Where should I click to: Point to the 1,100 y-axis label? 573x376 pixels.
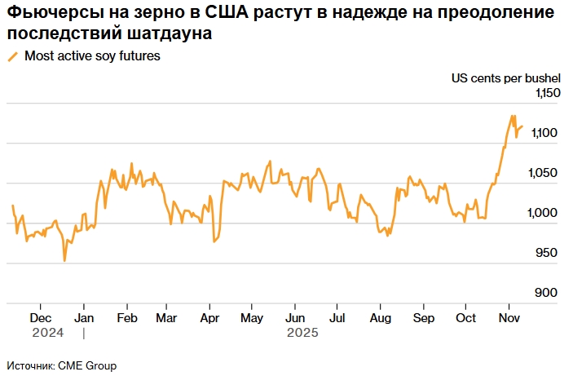tap(547, 134)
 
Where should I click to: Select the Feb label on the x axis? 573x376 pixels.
tap(126, 318)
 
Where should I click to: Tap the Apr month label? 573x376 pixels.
tap(209, 318)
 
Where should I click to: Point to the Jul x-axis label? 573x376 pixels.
tap(337, 318)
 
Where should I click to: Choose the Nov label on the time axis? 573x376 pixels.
tap(509, 318)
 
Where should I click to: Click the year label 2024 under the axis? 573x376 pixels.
tap(47, 333)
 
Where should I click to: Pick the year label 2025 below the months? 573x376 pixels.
tap(302, 333)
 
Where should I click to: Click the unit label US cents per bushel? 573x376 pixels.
tap(506, 78)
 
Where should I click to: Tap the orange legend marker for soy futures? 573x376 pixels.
tap(12, 57)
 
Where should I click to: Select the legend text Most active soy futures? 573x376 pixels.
tap(92, 57)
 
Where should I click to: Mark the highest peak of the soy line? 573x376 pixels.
tap(513, 116)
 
